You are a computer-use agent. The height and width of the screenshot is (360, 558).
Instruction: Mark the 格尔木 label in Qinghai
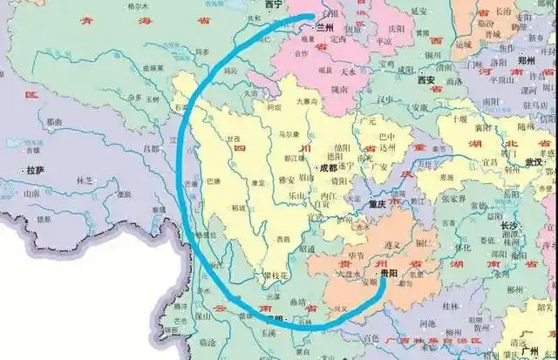[x=139, y=5]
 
